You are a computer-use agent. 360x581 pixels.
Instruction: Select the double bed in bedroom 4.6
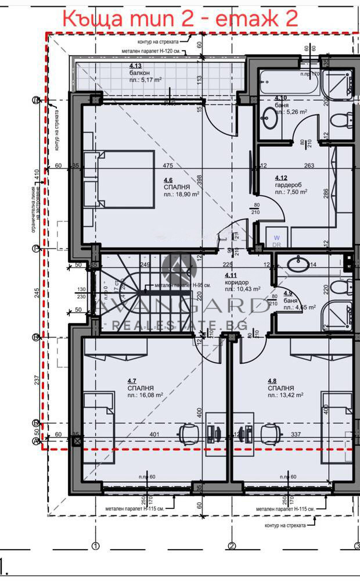pyautogui.click(x=119, y=179)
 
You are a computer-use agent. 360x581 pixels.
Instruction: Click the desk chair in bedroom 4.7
pyautogui.click(x=188, y=433)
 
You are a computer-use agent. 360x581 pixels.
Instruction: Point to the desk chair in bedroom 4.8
pyautogui.click(x=268, y=433)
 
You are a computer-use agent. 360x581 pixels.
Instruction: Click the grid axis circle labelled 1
pyautogui.click(x=96, y=546)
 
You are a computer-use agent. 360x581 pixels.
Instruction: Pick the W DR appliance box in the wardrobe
pyautogui.click(x=276, y=241)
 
